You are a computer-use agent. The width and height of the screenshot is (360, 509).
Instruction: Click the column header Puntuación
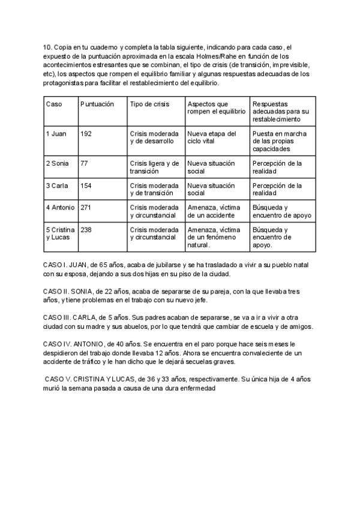tap(97, 104)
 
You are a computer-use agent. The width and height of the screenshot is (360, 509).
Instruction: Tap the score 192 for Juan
tap(86, 133)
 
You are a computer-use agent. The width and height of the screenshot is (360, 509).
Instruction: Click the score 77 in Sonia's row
tap(84, 163)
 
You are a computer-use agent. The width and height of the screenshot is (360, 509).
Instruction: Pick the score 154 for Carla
tap(86, 185)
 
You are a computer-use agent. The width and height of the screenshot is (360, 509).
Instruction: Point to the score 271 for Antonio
tap(86, 208)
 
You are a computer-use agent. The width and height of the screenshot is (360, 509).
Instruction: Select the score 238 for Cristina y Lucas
tap(86, 230)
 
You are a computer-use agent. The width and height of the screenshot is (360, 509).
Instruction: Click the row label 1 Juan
tap(56, 133)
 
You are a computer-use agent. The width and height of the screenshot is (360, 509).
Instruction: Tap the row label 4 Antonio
tap(60, 208)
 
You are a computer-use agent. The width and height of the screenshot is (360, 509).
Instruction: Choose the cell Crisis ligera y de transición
tap(154, 167)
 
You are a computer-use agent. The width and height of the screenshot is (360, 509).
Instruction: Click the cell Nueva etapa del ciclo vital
tap(211, 137)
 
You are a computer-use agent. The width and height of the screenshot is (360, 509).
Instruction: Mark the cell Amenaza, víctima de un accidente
tap(214, 211)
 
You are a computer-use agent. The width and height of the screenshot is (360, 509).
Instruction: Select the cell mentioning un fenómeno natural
tap(214, 237)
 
